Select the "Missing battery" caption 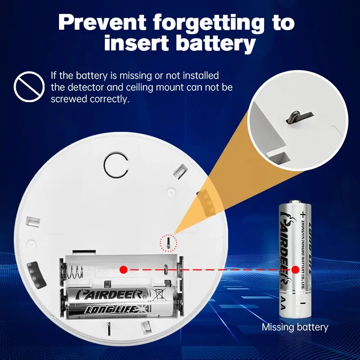(x=295, y=327)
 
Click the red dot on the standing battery (x=295, y=270)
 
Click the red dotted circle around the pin (x=169, y=243)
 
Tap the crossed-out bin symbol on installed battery (x=159, y=295)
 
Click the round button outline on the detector (x=117, y=165)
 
